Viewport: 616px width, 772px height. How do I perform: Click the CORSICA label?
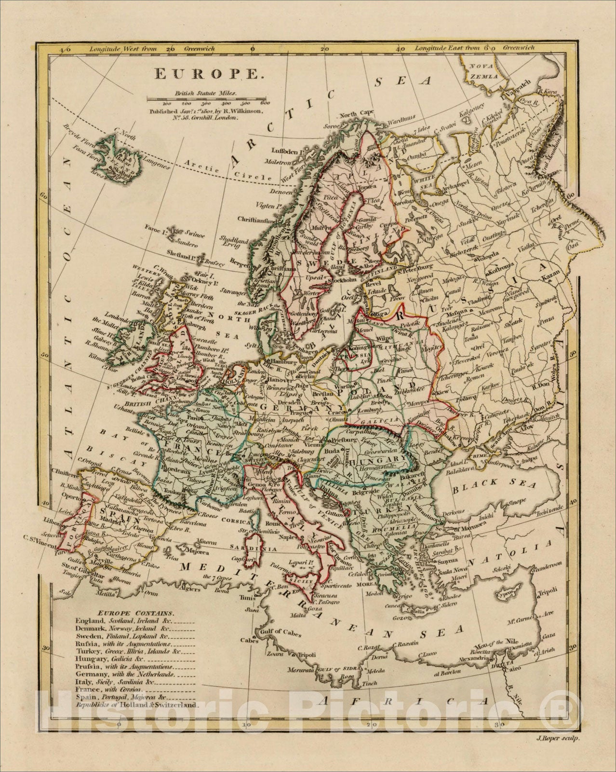(233, 522)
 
